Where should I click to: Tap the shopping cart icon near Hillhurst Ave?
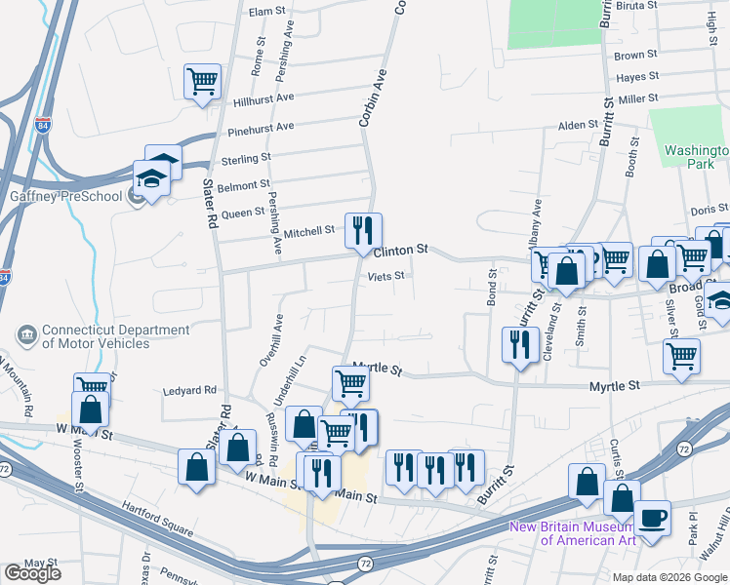pos(202,81)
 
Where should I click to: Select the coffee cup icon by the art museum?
pos(652,517)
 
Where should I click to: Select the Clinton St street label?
pos(401,251)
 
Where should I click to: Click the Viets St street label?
pos(385,277)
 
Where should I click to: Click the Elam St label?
pos(266,12)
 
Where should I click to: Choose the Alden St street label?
pos(577,126)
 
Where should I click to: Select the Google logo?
pos(32,573)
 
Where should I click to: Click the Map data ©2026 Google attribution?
pos(669,577)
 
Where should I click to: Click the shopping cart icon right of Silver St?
pos(680,355)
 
